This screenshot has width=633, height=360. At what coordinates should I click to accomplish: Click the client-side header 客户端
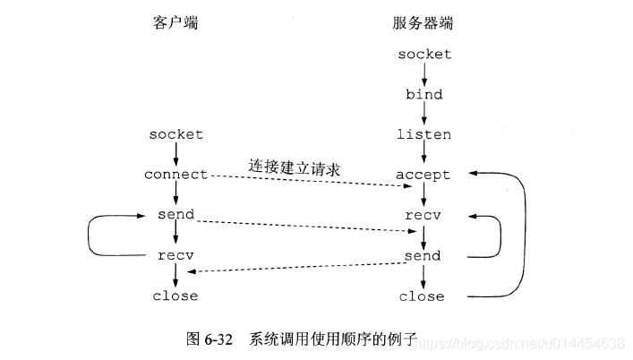(175, 24)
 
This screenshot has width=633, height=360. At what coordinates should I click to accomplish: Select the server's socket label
(425, 54)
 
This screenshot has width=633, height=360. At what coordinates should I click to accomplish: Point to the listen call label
(423, 134)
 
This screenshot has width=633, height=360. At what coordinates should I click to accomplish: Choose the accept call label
(423, 175)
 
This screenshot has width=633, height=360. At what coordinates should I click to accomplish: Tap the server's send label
(422, 256)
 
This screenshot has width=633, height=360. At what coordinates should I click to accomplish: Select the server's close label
(422, 296)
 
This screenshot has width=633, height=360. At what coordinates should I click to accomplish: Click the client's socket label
(175, 134)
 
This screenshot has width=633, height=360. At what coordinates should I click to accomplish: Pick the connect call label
(175, 175)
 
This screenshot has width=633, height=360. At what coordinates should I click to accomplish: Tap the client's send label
(175, 216)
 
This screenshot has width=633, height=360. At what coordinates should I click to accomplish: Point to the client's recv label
(175, 256)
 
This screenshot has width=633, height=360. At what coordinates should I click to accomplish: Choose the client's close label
(175, 296)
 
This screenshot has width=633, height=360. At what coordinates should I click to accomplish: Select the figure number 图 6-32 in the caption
(210, 339)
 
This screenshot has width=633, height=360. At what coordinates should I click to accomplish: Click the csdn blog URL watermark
(521, 343)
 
